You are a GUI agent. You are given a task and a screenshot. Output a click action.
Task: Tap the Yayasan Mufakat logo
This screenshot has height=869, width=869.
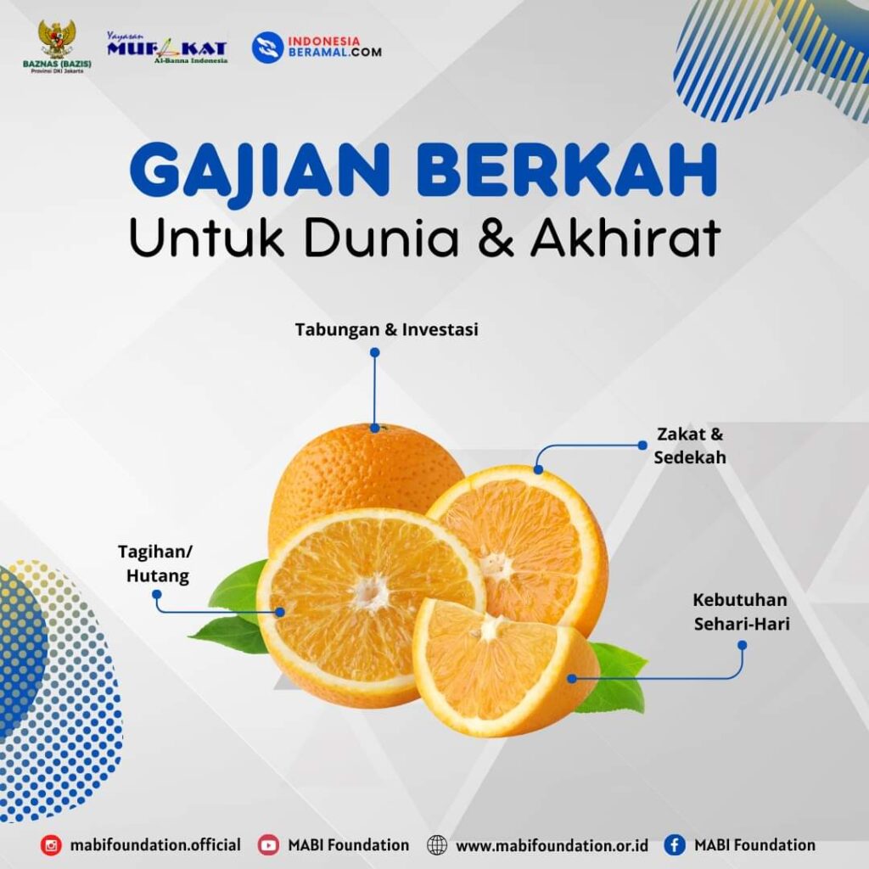pyautogui.click(x=167, y=48)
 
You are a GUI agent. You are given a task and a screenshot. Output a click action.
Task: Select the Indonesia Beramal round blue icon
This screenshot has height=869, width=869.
pyautogui.click(x=267, y=48)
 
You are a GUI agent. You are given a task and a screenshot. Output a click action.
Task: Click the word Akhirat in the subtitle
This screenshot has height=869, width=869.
pyautogui.click(x=625, y=238)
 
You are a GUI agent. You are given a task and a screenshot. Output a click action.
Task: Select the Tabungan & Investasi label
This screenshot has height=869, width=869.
pyautogui.click(x=386, y=329)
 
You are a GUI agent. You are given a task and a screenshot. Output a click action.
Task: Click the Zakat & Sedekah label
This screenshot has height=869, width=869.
pyautogui.click(x=690, y=446)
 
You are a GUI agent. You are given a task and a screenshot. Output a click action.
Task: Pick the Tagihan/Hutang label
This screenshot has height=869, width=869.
pyautogui.click(x=156, y=563)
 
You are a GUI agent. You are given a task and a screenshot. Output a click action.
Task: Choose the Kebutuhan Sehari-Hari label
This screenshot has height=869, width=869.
pyautogui.click(x=741, y=612)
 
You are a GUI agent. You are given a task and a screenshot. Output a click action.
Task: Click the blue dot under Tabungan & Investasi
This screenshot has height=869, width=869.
pyautogui.click(x=374, y=352)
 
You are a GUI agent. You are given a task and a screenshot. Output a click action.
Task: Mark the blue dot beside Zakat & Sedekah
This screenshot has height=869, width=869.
pyautogui.click(x=642, y=445)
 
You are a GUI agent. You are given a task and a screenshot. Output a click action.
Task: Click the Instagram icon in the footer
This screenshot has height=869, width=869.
pyautogui.click(x=51, y=845)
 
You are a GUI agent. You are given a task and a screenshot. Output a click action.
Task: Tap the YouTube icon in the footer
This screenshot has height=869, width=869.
pyautogui.click(x=269, y=845)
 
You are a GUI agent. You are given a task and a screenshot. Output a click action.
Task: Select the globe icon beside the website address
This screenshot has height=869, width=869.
pyautogui.click(x=437, y=845)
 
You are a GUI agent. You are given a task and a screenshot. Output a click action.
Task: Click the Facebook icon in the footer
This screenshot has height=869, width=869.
pyautogui.click(x=675, y=845)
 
